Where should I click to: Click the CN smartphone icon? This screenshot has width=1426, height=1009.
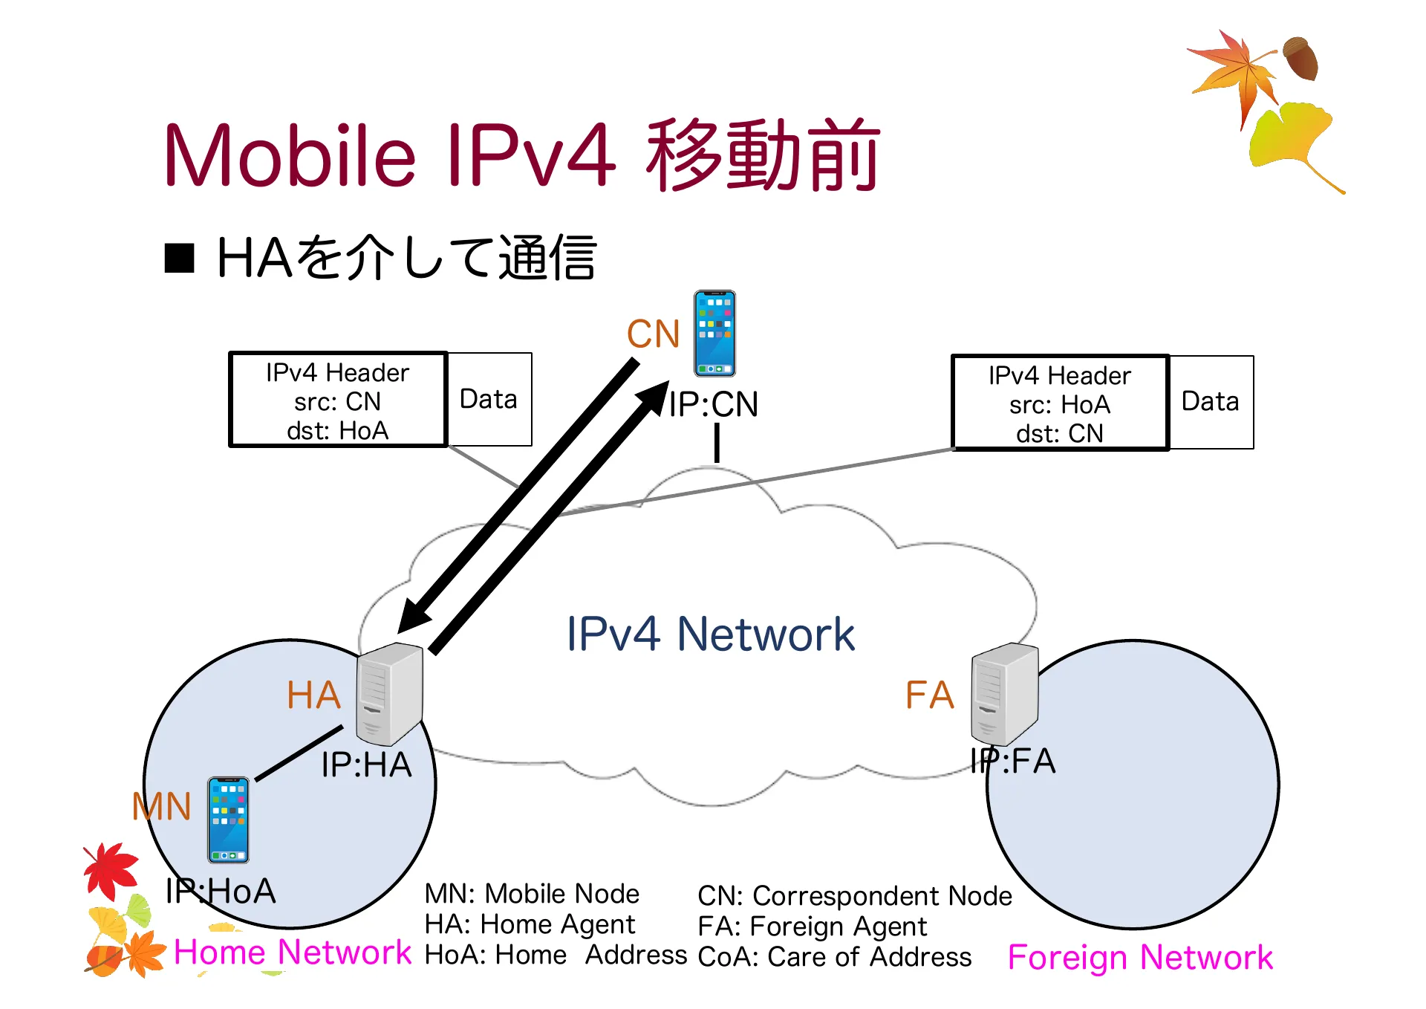coord(714,334)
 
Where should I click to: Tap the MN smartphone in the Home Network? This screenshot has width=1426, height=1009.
coord(228,820)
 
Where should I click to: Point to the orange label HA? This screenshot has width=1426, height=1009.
coord(313,695)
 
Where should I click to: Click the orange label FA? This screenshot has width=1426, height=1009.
coord(929,695)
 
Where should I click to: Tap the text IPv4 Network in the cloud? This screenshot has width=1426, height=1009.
coord(710,635)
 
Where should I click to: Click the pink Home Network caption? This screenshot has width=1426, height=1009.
coord(292,952)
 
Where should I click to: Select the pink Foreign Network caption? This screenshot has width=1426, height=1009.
coord(1140,957)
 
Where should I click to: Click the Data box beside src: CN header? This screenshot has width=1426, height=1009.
coord(489,400)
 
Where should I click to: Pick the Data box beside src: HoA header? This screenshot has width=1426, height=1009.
coord(1211,402)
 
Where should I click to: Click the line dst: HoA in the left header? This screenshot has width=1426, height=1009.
coord(338,431)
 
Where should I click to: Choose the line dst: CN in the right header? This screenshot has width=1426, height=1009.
coord(1060,434)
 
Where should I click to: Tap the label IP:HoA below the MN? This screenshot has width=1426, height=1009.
coord(221,891)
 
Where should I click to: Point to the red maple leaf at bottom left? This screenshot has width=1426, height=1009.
coord(111,869)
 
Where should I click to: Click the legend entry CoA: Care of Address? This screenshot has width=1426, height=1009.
coord(835,957)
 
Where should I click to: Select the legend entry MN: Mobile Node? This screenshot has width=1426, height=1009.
coord(532,893)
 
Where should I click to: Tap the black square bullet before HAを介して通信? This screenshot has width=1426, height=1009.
coord(179,259)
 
